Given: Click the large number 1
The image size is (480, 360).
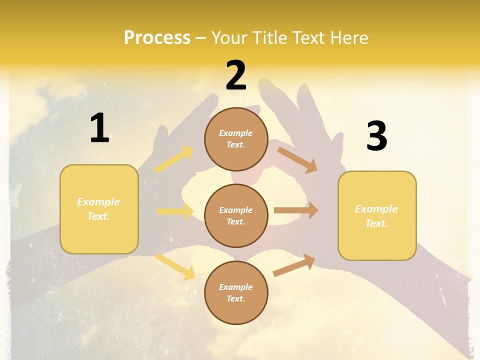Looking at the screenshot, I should tap(99, 128).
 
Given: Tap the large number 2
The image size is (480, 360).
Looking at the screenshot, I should tap(236, 75).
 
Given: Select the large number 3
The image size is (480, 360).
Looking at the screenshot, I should tap(377, 136).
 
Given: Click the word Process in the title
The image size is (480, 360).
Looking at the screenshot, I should tap(157, 37).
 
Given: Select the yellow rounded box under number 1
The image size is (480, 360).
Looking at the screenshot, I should tap(99, 209).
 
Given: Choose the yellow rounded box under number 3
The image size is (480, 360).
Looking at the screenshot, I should tap(377, 216).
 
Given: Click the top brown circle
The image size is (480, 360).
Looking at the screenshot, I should tap(236, 139).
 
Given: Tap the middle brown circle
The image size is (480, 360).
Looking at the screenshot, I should tap(236, 216).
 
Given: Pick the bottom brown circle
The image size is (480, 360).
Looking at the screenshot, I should tap(236, 293).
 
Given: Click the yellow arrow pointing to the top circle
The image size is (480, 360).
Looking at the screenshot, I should tap(174, 159).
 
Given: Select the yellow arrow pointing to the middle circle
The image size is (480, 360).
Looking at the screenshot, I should tap(175, 211).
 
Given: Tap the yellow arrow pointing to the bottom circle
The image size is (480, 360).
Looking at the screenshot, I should tap(175, 266).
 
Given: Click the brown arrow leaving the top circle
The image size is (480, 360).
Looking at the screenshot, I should tap(297, 159).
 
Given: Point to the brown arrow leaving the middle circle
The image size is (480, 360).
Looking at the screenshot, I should tap(296, 210).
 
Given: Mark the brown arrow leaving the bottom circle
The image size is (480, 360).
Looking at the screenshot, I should tap(294, 265).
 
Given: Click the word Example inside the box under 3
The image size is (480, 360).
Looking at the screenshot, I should tap(376, 209).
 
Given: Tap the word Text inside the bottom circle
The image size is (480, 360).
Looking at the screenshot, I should tap(235, 299).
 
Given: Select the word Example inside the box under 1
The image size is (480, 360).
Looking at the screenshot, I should tap(98, 202).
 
